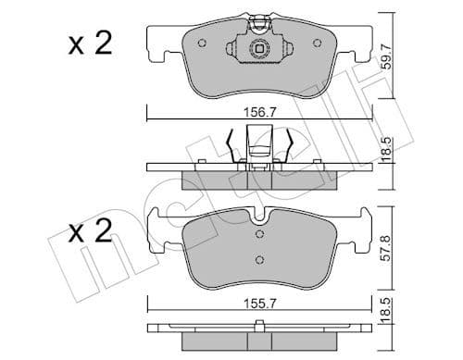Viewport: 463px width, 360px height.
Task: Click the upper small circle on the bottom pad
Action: point(260,232)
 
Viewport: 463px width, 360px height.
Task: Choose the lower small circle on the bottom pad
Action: point(260,259)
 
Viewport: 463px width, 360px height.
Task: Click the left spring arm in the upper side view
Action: point(230,144)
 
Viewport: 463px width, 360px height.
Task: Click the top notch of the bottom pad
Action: point(260,216)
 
